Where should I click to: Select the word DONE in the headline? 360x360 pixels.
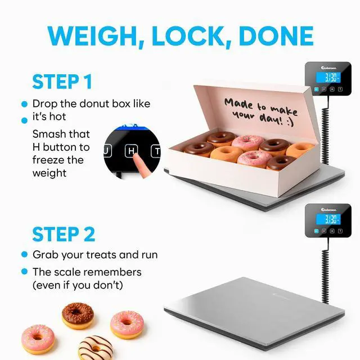276,36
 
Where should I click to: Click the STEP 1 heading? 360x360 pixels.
62,82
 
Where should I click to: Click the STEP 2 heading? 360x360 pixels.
64,234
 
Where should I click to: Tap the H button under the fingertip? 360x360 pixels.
131,151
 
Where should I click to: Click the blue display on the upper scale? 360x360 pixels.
328,78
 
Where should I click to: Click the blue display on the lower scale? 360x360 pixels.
328,219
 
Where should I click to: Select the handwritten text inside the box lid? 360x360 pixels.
261,111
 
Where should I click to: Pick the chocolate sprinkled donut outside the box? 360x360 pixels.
78,315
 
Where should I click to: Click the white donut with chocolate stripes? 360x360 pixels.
96,348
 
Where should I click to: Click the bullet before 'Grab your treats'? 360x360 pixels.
24,254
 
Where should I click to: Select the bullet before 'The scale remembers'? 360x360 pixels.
24,272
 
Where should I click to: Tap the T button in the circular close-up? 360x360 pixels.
156,151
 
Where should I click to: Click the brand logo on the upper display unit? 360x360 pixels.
328,67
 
